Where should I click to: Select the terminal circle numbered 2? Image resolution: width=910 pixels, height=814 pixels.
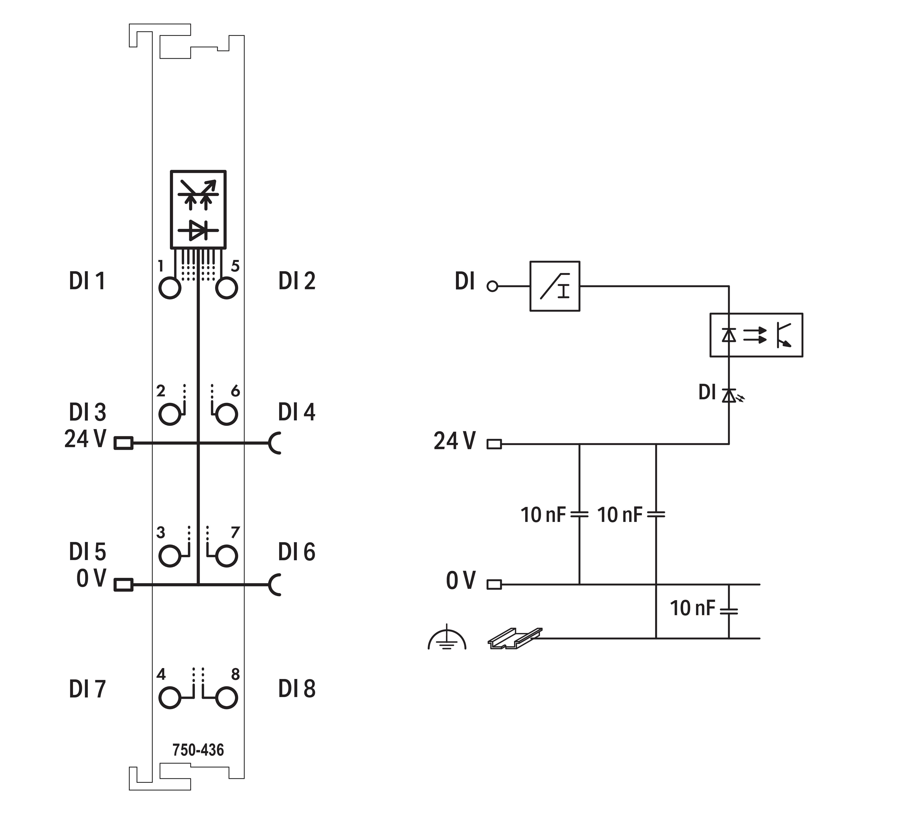coord(170,414)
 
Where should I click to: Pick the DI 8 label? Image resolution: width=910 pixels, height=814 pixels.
coord(297,689)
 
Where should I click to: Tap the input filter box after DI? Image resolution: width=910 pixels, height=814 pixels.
coord(555,286)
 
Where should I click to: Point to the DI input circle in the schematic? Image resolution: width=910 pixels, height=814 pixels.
coord(492,286)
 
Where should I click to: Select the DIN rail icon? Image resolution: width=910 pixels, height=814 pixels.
coord(514,638)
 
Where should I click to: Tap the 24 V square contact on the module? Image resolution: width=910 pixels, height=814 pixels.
coord(123,443)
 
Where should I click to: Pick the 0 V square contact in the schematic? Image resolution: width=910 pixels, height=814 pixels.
coord(494,584)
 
